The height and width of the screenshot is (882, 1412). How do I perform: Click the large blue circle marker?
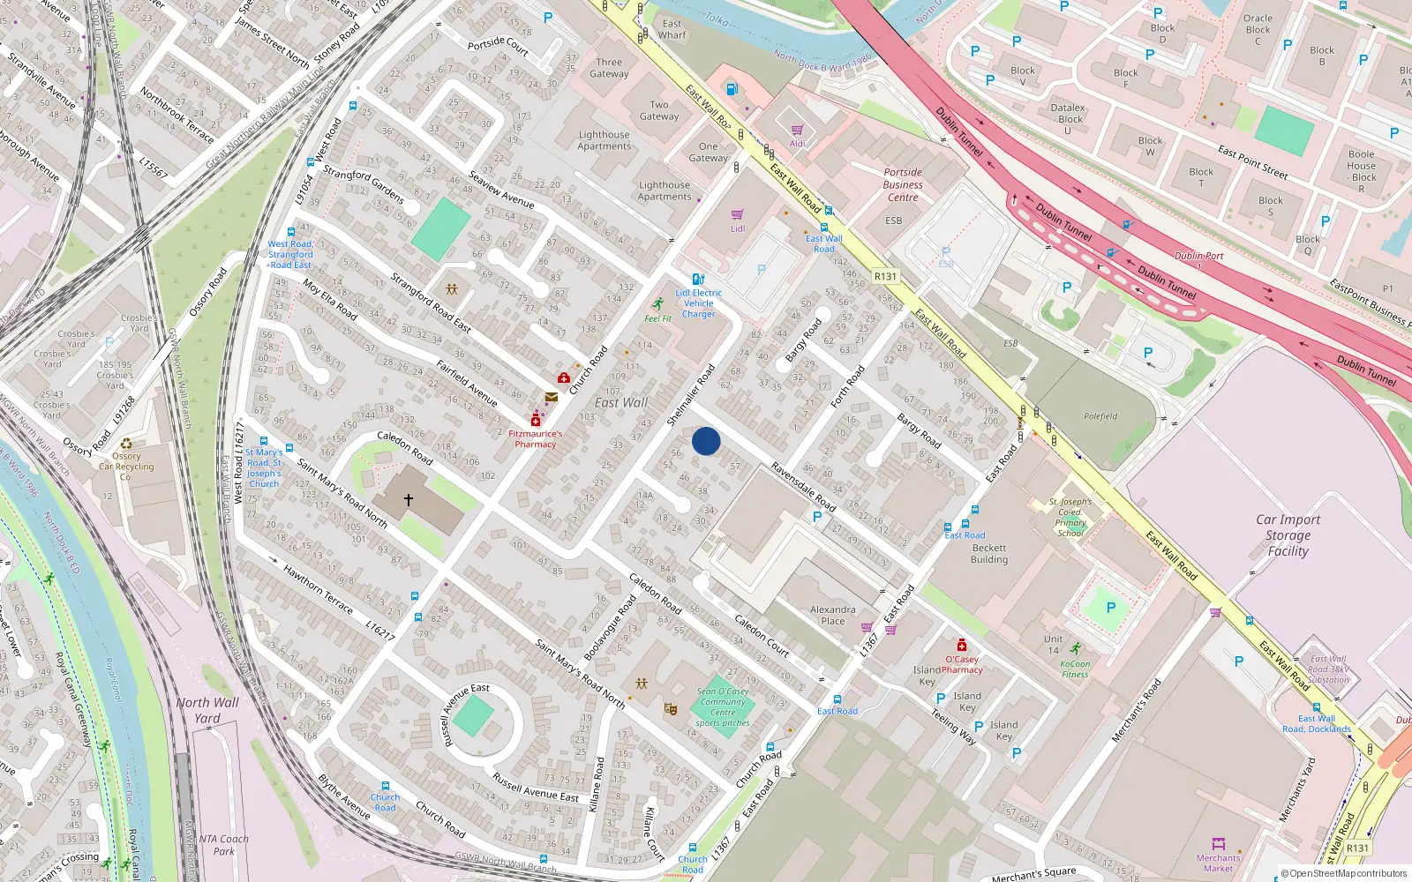(706, 441)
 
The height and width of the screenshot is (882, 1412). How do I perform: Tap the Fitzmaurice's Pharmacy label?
(535, 438)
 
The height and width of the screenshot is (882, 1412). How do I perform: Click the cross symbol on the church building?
(409, 499)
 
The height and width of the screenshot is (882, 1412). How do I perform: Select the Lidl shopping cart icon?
(738, 214)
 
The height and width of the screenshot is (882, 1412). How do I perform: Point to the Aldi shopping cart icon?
(798, 131)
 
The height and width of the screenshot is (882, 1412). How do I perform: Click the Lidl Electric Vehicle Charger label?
(699, 303)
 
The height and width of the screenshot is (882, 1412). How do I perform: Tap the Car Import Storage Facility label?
(1288, 535)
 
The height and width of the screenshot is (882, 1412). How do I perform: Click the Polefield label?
(1100, 416)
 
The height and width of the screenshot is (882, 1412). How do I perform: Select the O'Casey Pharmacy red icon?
(961, 646)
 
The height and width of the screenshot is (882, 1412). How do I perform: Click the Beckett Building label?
(988, 554)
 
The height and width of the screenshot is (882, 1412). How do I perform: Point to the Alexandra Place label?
(832, 615)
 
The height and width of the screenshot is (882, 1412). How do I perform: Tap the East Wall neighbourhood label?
(621, 402)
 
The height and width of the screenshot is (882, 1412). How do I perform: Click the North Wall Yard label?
(207, 710)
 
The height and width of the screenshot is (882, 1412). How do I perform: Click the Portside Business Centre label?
(903, 185)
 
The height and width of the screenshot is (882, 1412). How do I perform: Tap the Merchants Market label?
(1218, 863)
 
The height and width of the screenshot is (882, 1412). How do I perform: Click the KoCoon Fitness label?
(1075, 669)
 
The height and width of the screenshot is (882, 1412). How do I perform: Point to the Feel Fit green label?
(657, 318)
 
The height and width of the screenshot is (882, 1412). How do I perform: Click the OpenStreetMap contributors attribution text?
(1344, 873)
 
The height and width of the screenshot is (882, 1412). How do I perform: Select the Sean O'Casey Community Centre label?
(723, 707)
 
